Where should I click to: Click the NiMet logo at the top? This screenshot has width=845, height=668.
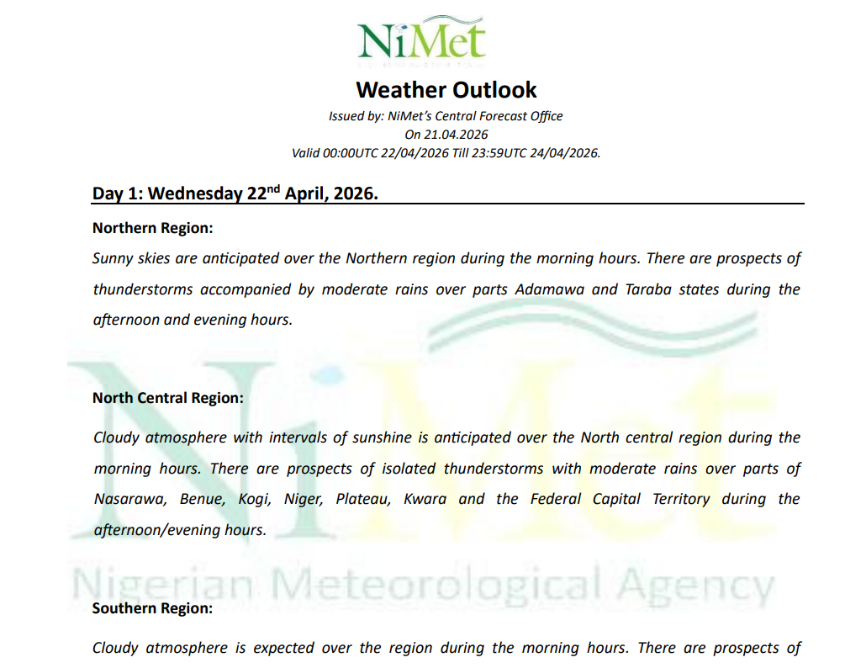pos(422,40)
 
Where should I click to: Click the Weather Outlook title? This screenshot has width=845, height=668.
pos(446,89)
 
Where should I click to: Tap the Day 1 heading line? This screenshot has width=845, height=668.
pos(235,194)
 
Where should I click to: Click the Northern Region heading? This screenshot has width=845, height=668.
pos(152,228)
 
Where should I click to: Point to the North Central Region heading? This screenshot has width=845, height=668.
pos(168,398)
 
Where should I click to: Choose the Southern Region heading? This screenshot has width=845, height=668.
pos(152,607)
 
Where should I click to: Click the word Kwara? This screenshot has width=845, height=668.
pos(425,499)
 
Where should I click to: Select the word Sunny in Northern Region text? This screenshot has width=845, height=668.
pos(112,258)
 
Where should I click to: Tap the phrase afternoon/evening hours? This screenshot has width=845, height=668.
pos(180,530)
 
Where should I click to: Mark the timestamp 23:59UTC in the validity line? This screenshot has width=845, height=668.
pos(497,153)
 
